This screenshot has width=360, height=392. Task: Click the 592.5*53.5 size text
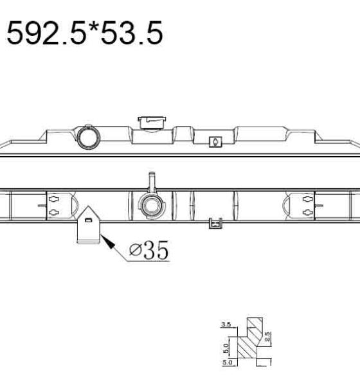click(85, 33)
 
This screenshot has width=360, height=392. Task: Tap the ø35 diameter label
click(149, 250)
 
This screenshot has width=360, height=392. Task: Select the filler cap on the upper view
click(152, 123)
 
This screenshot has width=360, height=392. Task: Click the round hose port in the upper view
click(89, 138)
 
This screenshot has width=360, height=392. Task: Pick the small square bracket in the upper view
click(215, 142)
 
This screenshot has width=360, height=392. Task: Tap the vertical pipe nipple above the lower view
click(152, 182)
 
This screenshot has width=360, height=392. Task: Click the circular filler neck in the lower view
click(152, 206)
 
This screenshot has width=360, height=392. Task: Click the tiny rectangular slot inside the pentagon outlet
click(88, 220)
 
